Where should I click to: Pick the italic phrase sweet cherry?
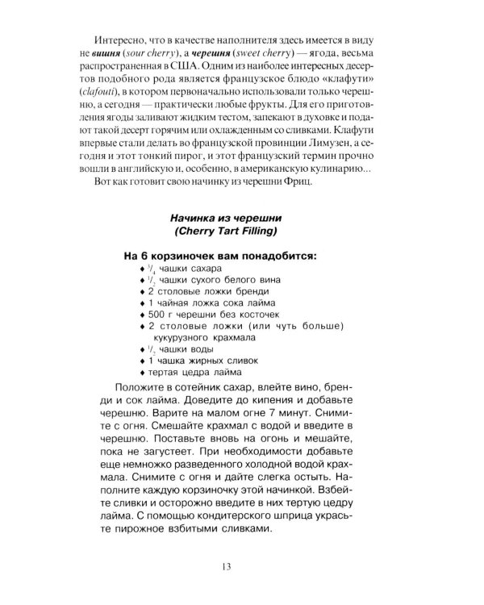click(x=318, y=55)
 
